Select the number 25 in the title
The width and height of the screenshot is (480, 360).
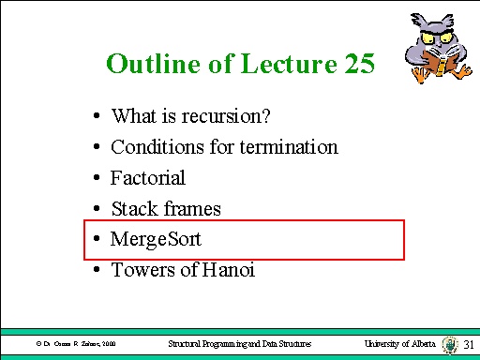pyautogui.click(x=357, y=64)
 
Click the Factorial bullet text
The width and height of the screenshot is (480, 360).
pyautogui.click(x=148, y=177)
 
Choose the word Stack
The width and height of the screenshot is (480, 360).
pyautogui.click(x=132, y=208)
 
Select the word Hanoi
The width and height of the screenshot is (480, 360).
pyautogui.click(x=225, y=270)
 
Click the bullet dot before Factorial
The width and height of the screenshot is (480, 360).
pyautogui.click(x=97, y=178)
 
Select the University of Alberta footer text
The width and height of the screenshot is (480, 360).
pyautogui.click(x=400, y=344)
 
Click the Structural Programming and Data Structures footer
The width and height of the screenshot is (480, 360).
pyautogui.click(x=246, y=344)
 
